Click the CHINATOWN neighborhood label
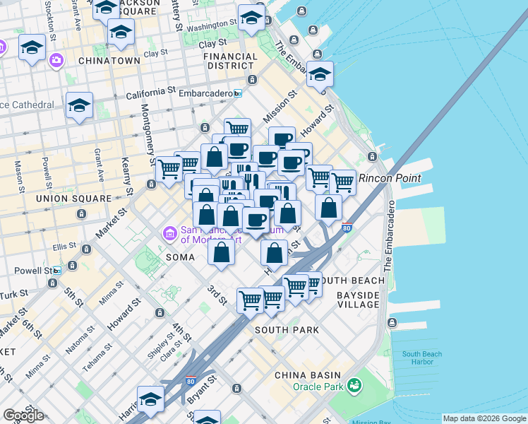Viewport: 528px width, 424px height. (x=109, y=61)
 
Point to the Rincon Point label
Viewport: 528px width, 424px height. (x=391, y=178)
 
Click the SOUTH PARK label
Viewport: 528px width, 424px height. (x=287, y=330)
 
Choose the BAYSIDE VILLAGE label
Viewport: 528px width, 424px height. (x=358, y=299)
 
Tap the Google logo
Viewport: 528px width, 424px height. (x=23, y=415)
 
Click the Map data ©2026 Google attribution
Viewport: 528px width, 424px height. (x=484, y=418)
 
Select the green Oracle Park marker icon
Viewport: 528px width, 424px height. (x=354, y=385)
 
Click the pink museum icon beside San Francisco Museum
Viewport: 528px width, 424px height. (x=169, y=232)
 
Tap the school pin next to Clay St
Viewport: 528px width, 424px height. (x=121, y=32)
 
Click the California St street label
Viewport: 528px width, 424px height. (x=150, y=93)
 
